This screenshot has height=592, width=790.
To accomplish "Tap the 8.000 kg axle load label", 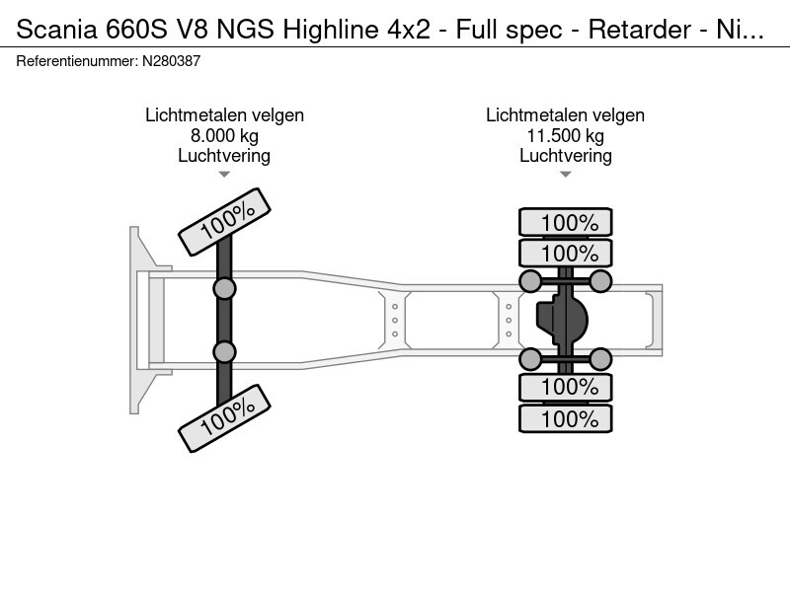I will (224, 136).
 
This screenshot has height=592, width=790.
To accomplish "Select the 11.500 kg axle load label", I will (565, 136).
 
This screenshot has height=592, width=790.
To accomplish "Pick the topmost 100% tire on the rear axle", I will (566, 223).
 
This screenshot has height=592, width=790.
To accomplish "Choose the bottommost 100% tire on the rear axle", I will (566, 418).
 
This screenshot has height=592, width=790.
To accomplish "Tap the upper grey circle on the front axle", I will (225, 288).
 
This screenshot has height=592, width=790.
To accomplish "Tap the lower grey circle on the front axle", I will (225, 351).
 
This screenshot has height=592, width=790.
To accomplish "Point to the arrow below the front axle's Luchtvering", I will (224, 175).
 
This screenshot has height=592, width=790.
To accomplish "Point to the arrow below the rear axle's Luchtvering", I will (565, 175).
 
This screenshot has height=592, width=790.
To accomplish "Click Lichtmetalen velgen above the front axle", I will (224, 115).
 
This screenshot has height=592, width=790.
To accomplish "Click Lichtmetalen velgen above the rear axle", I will (565, 115).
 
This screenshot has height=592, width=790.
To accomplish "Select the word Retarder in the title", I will (632, 30).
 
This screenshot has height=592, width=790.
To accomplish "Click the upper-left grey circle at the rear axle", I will (530, 282).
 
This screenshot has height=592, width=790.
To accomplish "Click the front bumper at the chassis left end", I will (139, 320).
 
